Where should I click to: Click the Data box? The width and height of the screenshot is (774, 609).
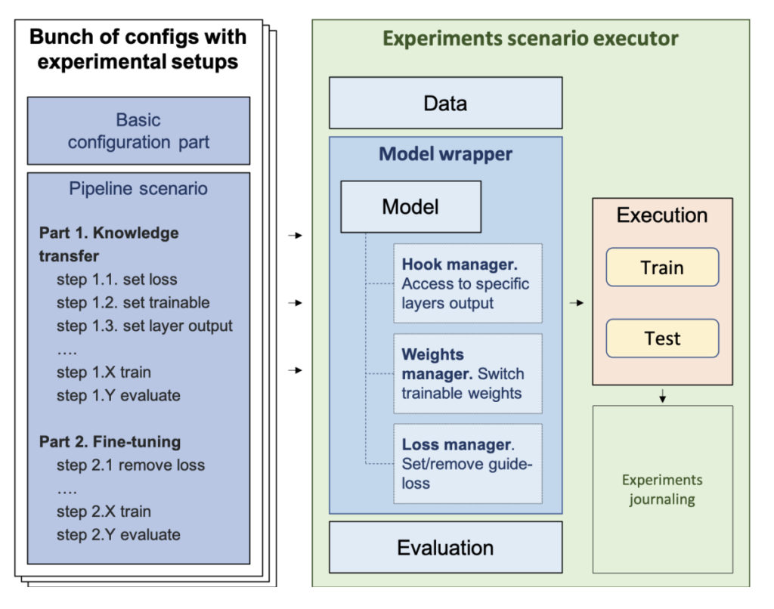point(445,103)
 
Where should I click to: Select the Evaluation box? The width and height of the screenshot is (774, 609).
point(445,547)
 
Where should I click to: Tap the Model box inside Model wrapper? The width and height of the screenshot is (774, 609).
point(410,206)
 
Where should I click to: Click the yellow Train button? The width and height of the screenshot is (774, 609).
point(662,267)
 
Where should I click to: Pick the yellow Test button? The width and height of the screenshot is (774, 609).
point(662,339)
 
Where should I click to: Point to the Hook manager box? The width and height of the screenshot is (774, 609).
point(467,283)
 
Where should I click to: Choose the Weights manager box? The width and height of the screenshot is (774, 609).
point(467,373)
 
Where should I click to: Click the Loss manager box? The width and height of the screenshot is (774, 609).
point(467,464)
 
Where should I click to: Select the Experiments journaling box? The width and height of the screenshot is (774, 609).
point(662,490)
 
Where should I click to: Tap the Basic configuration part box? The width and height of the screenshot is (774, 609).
point(138,131)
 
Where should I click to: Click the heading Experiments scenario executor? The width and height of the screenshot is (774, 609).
point(531,39)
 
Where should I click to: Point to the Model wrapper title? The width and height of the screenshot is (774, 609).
point(445,154)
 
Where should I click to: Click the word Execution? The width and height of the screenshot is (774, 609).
point(662,215)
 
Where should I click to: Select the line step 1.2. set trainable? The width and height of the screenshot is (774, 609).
point(133,303)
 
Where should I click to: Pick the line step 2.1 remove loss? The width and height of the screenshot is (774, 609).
point(130,465)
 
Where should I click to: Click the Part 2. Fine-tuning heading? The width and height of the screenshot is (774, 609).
point(110,441)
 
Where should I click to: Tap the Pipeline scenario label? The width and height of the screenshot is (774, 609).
point(139,188)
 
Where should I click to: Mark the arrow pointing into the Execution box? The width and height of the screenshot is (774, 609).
point(577,303)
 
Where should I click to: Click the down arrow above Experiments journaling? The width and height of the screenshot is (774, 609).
point(662,395)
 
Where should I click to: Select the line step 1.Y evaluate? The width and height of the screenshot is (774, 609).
point(118,395)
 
